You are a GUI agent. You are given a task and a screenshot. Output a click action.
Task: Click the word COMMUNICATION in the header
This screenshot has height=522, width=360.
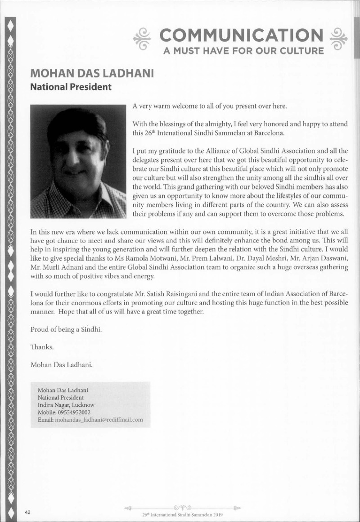click(239, 35)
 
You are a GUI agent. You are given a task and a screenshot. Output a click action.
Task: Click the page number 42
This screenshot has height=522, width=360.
click(28, 512)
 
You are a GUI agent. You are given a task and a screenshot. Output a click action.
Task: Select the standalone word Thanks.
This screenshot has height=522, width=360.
click(42, 346)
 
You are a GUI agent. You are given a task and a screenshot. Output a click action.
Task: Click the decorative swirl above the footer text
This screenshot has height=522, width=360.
click(185, 507)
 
